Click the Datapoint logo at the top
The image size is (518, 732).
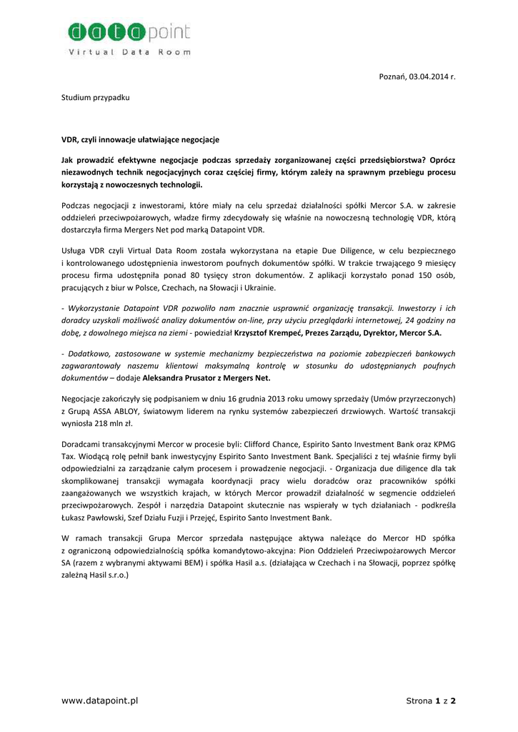(x=129, y=33)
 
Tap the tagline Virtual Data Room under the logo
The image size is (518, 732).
(x=129, y=52)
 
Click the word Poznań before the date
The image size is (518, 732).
(x=392, y=76)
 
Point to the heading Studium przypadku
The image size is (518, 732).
(x=94, y=97)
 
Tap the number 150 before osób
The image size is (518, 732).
(x=413, y=275)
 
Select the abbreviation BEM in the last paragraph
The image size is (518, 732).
(x=189, y=562)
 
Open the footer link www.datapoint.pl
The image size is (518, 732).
(x=100, y=701)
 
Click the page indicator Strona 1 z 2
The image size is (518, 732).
(x=430, y=701)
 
